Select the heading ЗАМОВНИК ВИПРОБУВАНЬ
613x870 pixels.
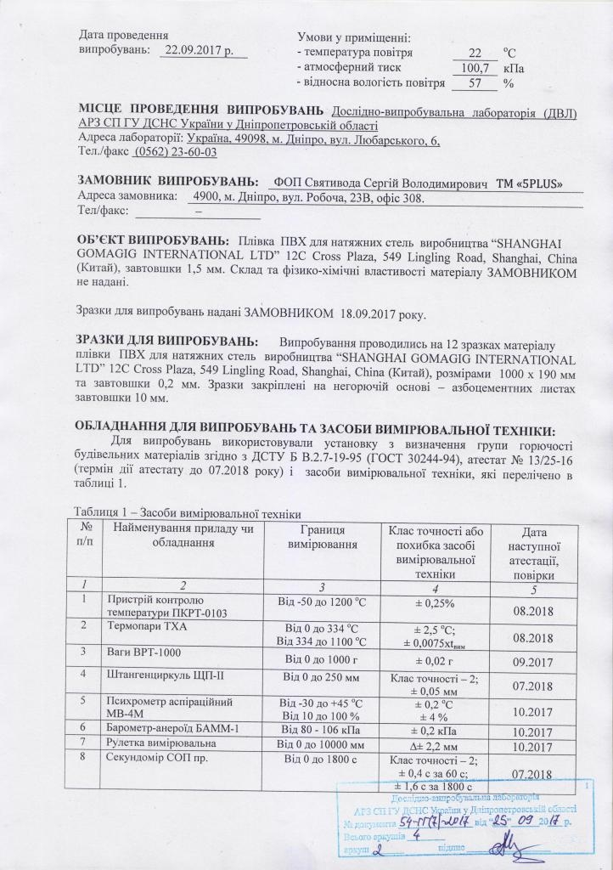click(x=168, y=183)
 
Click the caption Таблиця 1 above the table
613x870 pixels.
click(x=104, y=511)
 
